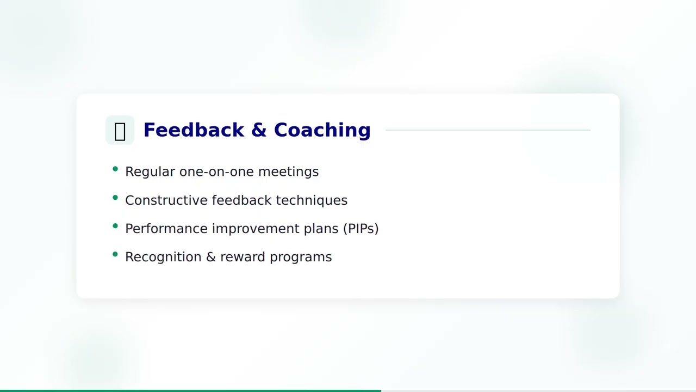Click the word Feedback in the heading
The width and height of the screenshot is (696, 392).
click(194, 130)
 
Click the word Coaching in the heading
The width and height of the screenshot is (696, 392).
click(322, 130)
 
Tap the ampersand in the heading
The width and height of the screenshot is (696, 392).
click(259, 130)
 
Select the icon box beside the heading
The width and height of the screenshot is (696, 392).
click(120, 131)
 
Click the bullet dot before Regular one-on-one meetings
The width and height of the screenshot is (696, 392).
click(115, 169)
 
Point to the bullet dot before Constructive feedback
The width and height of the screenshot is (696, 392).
click(115, 198)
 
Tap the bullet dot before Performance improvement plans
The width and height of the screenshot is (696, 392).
click(115, 226)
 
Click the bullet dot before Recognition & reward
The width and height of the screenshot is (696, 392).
click(115, 254)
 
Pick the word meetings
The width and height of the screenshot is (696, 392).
click(288, 172)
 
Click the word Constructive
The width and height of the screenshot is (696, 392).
click(166, 200)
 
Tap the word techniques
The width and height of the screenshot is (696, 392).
click(311, 200)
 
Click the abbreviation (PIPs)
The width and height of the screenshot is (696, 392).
click(361, 229)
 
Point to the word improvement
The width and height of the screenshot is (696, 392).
click(256, 229)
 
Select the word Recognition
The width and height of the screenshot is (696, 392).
click(163, 257)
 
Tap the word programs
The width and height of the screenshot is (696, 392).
click(301, 257)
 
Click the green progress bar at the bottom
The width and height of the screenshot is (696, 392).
click(190, 390)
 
